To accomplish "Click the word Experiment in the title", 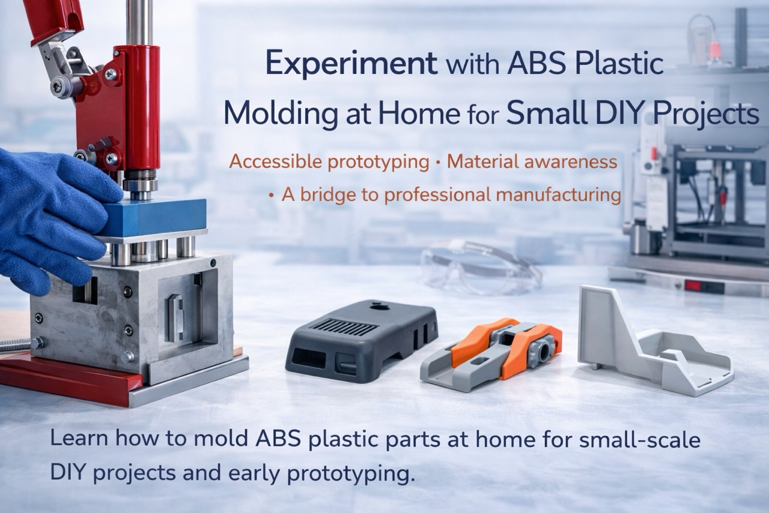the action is (x=351, y=64).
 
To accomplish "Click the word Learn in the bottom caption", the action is (x=79, y=439).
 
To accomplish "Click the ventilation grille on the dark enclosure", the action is (x=344, y=327).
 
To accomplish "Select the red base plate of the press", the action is (x=68, y=378).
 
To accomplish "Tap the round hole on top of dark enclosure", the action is (x=381, y=306).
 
